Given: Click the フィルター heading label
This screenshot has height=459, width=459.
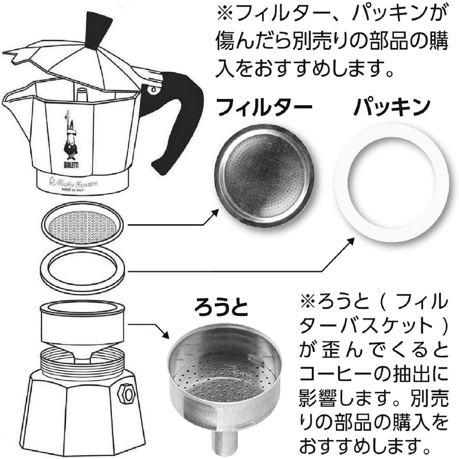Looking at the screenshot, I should point(264,107).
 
